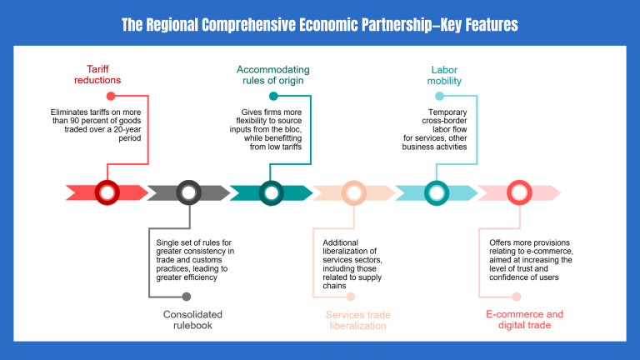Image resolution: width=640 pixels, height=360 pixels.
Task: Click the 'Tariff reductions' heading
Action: pyautogui.click(x=104, y=74)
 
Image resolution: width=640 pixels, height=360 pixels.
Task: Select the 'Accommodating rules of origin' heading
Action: pyautogui.click(x=272, y=74)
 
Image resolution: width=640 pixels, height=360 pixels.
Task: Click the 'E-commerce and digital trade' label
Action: pyautogui.click(x=525, y=320)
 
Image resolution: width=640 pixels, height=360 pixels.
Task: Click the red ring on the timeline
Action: pyautogui.click(x=107, y=193)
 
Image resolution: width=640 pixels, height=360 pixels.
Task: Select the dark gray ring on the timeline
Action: pyautogui.click(x=188, y=193)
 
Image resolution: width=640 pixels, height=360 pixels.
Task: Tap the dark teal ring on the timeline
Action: pyautogui.click(x=271, y=193)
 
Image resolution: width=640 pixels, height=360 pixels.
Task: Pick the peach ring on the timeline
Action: pyautogui.click(x=354, y=193)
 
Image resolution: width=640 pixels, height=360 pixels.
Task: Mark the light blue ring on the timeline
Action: pyautogui.click(x=437, y=193)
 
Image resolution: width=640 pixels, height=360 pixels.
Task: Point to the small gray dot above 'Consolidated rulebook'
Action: pyautogui.click(x=186, y=296)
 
